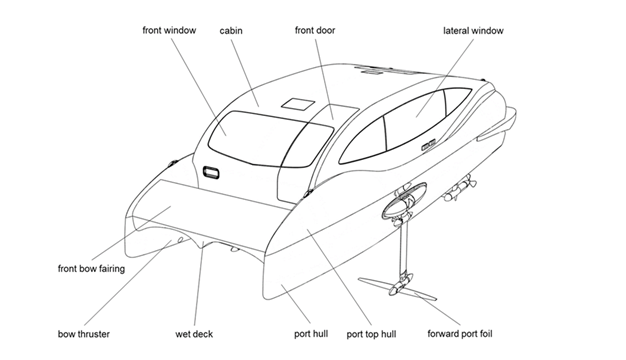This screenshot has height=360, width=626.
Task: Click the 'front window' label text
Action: [169, 30]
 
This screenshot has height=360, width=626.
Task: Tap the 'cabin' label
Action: [231, 31]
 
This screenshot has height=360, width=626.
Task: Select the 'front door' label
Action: [315, 30]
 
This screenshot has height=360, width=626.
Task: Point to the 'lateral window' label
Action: [473, 31]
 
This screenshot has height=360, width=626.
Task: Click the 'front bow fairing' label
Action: [91, 269]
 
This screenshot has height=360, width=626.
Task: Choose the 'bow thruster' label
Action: [84, 334]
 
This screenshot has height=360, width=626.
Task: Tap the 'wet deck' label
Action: [194, 334]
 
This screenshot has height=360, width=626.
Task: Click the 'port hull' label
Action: [311, 334]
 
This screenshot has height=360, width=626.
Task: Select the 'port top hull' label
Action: [371, 334]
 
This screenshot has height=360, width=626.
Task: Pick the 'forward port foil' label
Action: [460, 334]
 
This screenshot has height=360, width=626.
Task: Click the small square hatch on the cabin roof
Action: [297, 103]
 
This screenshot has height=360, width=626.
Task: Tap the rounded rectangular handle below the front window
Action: [211, 173]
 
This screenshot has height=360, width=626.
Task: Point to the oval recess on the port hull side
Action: [404, 200]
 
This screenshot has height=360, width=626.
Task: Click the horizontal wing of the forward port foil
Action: [397, 289]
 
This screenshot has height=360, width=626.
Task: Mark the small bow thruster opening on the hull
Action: [180, 239]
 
